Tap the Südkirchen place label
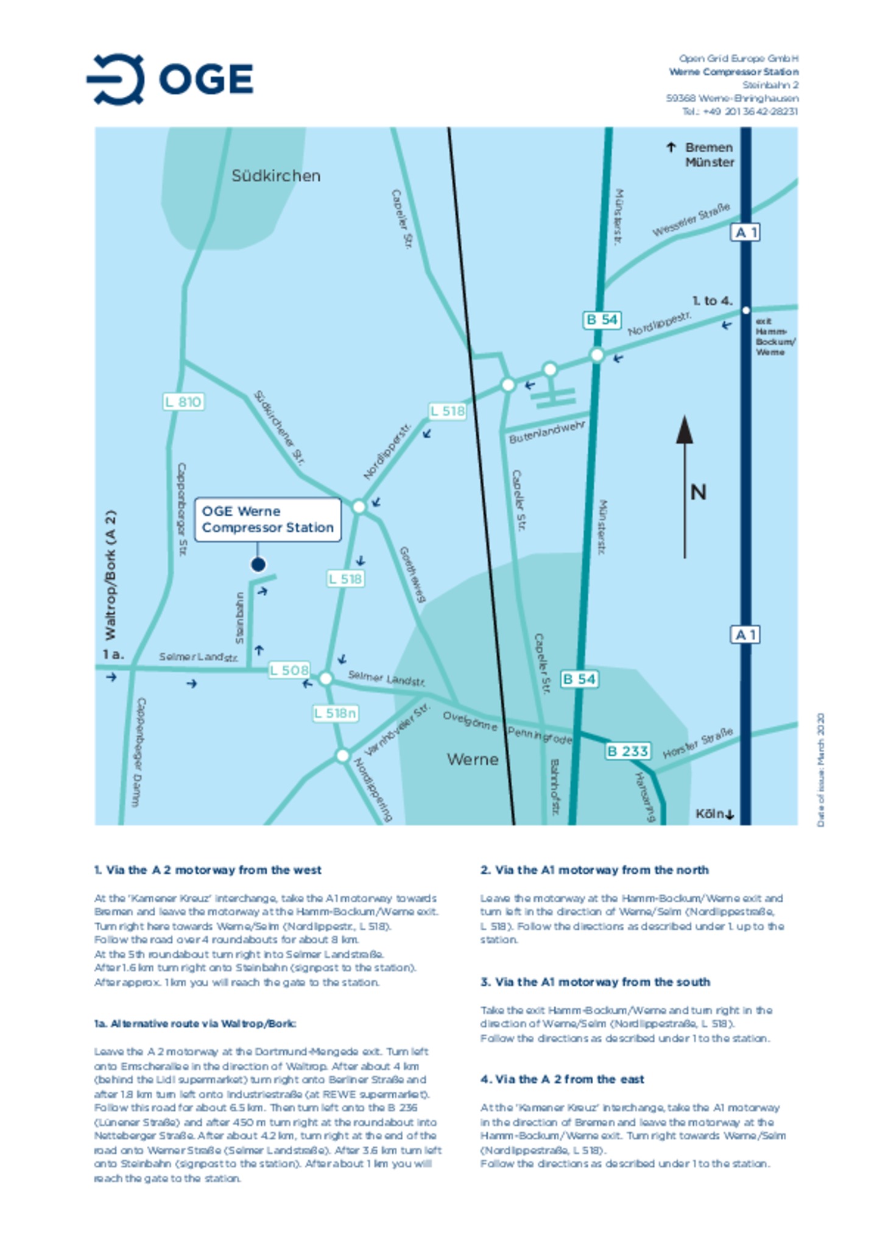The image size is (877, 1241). pos(276,176)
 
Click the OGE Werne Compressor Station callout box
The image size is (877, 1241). pos(267,519)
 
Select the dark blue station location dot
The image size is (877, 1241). pos(258,564)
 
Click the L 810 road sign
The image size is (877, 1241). pos(183,402)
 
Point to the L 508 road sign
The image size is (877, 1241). pos(289,670)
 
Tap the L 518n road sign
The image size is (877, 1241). pos(335,713)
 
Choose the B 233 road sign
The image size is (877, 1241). pos(627,751)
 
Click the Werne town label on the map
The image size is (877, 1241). pos(473,759)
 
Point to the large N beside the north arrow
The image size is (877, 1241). pos(699,492)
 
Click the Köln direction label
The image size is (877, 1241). pos(714,814)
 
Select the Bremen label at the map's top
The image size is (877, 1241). pos(709,147)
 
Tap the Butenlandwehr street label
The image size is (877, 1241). pos(547,432)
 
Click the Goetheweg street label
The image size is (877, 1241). pos(412,575)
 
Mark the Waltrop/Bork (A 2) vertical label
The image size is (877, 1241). pos(110,575)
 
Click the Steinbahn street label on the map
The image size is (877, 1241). pos(239,618)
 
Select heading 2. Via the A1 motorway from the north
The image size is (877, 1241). pos(594,870)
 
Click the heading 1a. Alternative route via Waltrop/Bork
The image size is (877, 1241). pos(195,1024)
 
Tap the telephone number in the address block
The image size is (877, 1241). pos(739,111)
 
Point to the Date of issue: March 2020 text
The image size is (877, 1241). pos(821,770)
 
